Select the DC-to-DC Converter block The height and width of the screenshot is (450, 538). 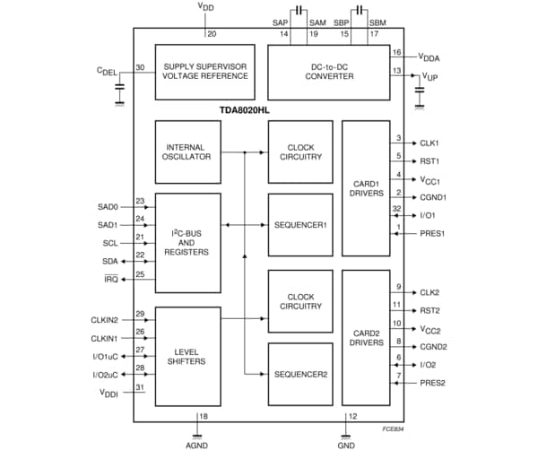click(328, 71)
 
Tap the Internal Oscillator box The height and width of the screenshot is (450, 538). click(187, 151)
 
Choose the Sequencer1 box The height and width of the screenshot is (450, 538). click(300, 223)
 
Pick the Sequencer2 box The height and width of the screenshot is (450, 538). click(300, 373)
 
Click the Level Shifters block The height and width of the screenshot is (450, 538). click(187, 356)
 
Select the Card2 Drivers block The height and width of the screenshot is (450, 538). click(366, 337)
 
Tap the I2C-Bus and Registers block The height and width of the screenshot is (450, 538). click(187, 242)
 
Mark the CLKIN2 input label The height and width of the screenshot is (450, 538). click(102, 318)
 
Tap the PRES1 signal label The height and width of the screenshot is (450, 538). click(432, 234)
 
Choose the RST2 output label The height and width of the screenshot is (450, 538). click(430, 310)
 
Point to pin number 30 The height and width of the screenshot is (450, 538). click(140, 67)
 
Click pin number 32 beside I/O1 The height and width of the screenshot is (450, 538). click(397, 209)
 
